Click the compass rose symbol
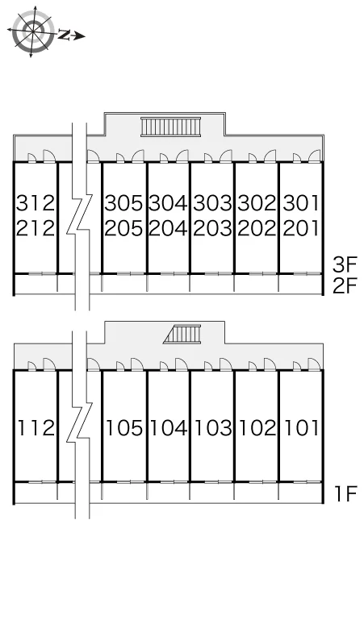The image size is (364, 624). (32, 31)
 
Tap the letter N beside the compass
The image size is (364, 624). (64, 35)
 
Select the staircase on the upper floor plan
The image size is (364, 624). (170, 127)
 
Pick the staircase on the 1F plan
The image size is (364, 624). (182, 334)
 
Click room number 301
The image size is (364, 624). (301, 203)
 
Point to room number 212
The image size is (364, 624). (35, 228)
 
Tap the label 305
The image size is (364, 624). (123, 203)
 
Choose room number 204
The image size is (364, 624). (168, 228)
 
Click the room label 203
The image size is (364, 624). (212, 228)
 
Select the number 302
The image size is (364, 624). (257, 203)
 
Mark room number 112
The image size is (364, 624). (36, 428)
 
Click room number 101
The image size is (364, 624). (302, 428)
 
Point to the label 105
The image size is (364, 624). (124, 428)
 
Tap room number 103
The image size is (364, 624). (213, 428)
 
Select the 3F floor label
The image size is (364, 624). (345, 264)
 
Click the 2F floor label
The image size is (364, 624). (345, 285)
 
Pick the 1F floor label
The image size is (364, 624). (345, 494)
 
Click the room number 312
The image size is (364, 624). (35, 203)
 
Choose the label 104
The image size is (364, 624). (169, 428)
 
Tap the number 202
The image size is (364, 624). (257, 228)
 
